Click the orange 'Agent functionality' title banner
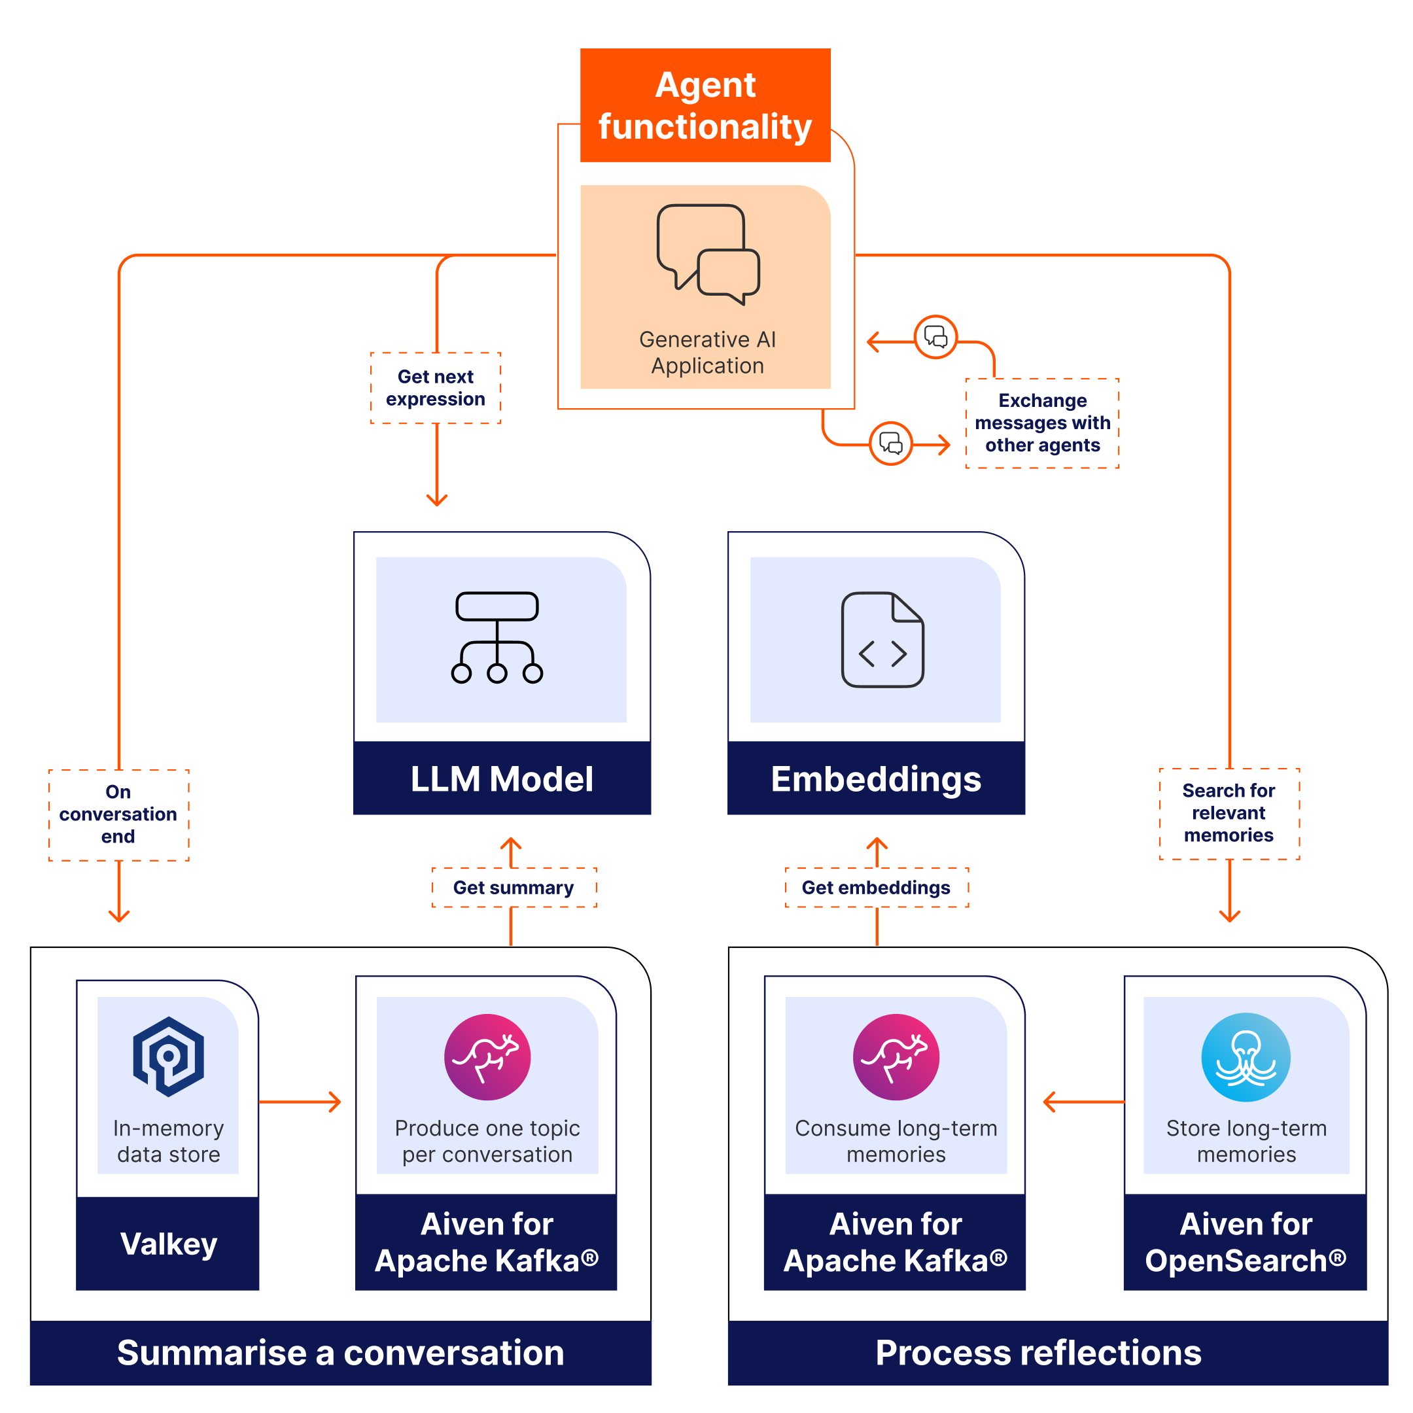coord(705,105)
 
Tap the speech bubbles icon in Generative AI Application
coord(707,254)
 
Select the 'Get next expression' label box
coord(435,388)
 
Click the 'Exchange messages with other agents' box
coord(1041,423)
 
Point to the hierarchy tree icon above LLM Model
coord(497,637)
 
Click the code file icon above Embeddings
coord(882,639)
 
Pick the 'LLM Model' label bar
coord(502,778)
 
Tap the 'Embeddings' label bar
coord(875,778)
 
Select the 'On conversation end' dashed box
coord(118,814)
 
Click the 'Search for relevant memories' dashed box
coord(1229,812)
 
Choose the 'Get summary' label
coord(514,887)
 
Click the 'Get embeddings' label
coord(876,887)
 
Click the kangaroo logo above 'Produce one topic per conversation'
coord(487,1057)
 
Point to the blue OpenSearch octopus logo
coord(1246,1057)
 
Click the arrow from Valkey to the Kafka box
coord(300,1102)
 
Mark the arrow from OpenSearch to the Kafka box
coord(1083,1102)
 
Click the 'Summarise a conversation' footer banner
coord(341,1352)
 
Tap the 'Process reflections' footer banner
coord(1039,1352)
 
